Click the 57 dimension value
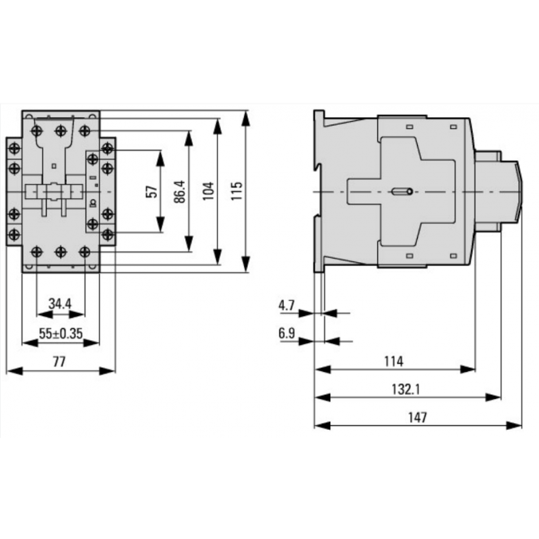152,192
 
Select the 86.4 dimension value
180,192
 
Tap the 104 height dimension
208,192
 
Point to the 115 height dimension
236,192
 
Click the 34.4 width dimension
61,303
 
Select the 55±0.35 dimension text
61,332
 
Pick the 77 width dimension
59,361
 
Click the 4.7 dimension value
286,305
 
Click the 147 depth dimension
418,418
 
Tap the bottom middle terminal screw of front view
61,251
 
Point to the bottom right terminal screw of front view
84,251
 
